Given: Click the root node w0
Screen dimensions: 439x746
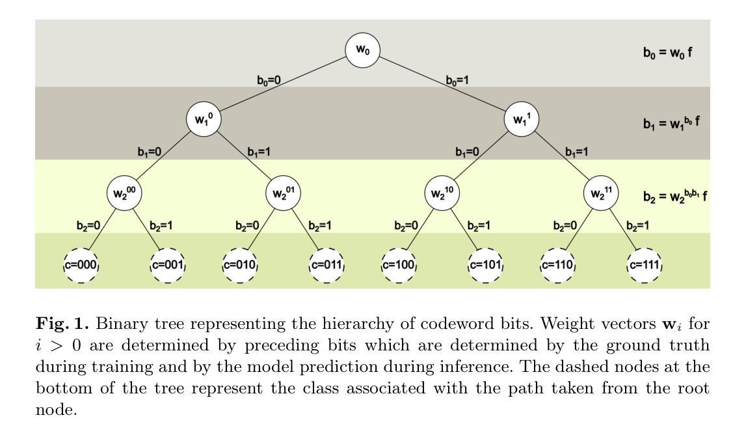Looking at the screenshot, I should pos(362,50).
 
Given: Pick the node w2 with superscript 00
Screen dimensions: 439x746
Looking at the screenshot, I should pos(124,193).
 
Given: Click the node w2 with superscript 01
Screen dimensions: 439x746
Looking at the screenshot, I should pos(283,193).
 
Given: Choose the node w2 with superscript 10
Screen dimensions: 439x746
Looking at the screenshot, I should pos(442,193).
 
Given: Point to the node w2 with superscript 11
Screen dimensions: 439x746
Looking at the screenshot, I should pos(601,193).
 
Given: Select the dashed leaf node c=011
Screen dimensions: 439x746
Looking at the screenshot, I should pos(325,266).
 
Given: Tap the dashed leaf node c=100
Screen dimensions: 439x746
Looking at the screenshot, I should pos(398,266).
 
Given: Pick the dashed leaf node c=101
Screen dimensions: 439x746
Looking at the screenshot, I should pos(485,266).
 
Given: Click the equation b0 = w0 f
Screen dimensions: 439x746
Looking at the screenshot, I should pos(667,51).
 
